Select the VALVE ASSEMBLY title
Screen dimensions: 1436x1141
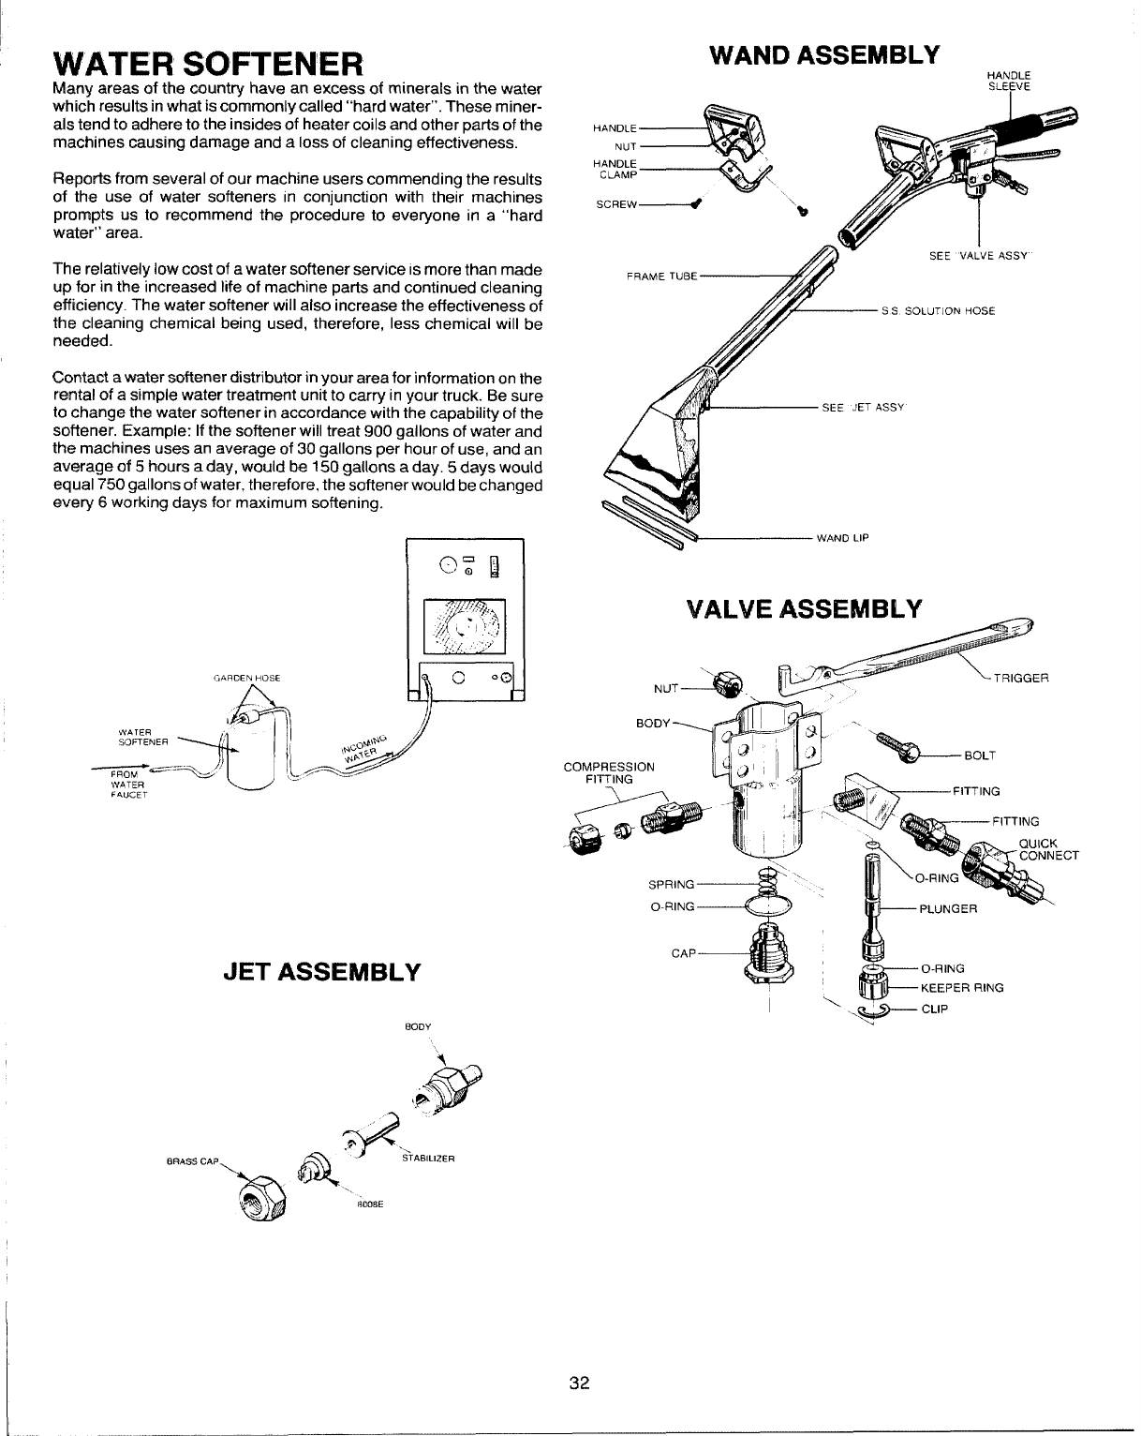click(804, 608)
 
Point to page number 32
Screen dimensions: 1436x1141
click(579, 1383)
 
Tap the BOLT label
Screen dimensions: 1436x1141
click(979, 755)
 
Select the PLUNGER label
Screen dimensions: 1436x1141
click(948, 908)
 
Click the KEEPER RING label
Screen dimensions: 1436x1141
click(962, 987)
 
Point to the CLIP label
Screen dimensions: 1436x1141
click(935, 1009)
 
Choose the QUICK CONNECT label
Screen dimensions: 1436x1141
click(1049, 848)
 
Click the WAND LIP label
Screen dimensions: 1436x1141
click(843, 538)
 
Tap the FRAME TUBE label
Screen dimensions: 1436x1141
click(660, 276)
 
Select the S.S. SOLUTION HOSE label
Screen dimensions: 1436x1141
click(937, 310)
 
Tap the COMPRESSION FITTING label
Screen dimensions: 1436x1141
click(609, 772)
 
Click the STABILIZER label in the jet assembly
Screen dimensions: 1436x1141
click(427, 1159)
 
